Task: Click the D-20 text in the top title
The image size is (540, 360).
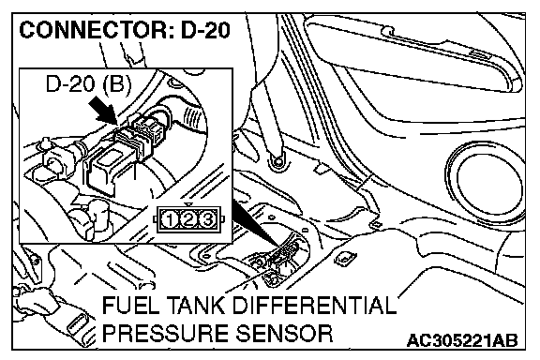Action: (205, 30)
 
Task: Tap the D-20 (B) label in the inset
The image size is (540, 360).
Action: (88, 83)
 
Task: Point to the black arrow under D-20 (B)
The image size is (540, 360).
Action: (102, 110)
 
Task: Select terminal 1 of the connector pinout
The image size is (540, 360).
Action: (170, 219)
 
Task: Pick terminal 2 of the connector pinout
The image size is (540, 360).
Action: (188, 219)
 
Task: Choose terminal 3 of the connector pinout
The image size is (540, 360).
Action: (207, 219)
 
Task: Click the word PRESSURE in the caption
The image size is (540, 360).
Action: (166, 334)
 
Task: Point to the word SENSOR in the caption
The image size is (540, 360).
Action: (284, 334)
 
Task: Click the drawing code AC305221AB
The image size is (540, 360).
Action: (462, 340)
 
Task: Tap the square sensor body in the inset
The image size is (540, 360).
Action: (102, 169)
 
